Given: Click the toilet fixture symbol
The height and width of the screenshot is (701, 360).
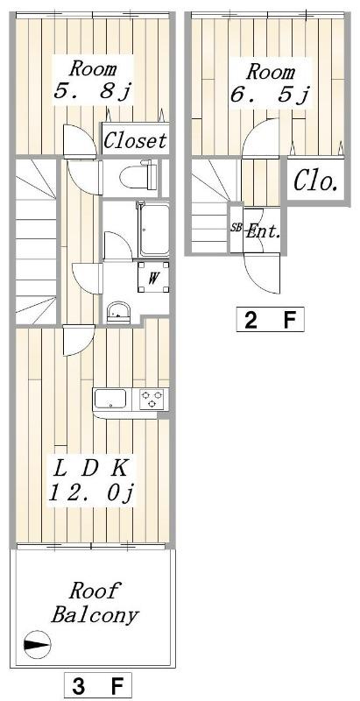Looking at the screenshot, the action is tap(138, 176).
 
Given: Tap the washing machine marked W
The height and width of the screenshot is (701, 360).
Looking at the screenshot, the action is tap(153, 277).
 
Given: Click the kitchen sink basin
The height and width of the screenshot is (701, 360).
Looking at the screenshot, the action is tap(110, 399).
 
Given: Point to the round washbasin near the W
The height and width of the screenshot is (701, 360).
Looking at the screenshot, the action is tap(118, 312).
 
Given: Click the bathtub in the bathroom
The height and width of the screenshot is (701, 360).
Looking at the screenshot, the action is tap(153, 231).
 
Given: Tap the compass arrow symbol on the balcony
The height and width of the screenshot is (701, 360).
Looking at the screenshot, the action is tap(37, 645).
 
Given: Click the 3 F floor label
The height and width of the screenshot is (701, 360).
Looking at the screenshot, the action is tap(98, 684).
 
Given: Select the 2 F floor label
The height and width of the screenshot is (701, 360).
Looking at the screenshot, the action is tap(271, 320).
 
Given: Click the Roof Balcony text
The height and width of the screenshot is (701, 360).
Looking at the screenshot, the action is tap(94, 603).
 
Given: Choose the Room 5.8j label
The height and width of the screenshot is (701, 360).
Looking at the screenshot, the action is tap(92, 81).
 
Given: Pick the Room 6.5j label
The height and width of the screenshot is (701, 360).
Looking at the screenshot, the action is tap(270, 83).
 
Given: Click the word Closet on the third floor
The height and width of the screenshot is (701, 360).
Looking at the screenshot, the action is tap(135, 140).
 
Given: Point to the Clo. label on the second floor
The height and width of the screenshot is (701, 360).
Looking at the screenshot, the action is tap(315, 182).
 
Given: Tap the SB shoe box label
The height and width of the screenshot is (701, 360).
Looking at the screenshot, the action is tap(236, 228).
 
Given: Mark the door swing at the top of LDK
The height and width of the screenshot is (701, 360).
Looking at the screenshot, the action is tap(79, 340).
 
